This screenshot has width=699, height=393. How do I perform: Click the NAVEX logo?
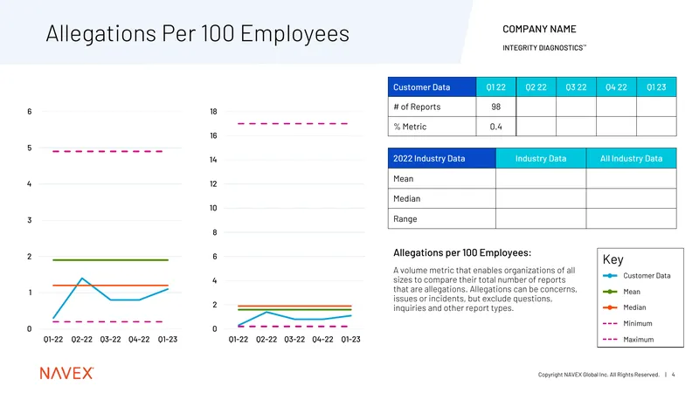[67, 373]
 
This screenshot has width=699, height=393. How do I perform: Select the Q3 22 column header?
[576, 87]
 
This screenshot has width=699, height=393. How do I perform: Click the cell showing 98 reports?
[495, 107]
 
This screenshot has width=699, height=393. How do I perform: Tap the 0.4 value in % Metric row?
[495, 127]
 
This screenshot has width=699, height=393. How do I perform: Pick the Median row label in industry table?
[406, 199]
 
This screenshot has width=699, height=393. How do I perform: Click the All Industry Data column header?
[631, 159]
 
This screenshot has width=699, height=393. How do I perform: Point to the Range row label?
[405, 219]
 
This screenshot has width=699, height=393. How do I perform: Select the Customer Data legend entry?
[637, 276]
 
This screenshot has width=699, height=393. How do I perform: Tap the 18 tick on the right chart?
[213, 112]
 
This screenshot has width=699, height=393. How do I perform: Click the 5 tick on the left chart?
[30, 148]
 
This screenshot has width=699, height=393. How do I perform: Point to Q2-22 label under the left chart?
[81, 340]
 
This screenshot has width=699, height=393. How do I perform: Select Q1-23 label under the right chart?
[351, 340]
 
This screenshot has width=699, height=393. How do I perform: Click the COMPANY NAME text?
[539, 30]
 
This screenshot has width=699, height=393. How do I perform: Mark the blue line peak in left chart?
[82, 279]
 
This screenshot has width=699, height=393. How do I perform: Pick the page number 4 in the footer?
[673, 375]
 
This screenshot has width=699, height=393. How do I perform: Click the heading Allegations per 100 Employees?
[462, 253]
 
